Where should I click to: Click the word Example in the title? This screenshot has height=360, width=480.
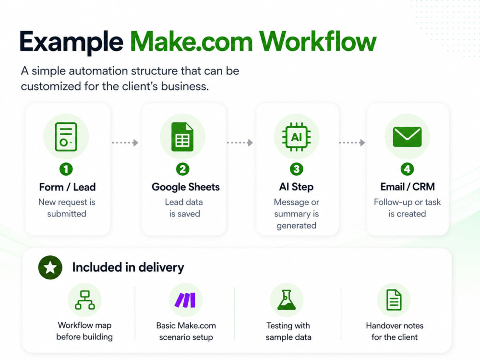[x=72, y=42]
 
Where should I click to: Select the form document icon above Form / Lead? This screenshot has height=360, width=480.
[x=66, y=136]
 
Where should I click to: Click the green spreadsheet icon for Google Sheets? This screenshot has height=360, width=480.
[x=182, y=136]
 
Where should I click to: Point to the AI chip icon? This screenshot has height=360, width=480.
[x=296, y=137]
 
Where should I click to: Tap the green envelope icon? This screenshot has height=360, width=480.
[x=407, y=136]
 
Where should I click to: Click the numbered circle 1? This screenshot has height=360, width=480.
[x=66, y=169]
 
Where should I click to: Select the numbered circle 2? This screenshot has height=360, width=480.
[x=183, y=169]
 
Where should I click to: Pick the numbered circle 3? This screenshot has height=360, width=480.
[x=296, y=169]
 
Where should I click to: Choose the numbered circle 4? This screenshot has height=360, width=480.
[x=407, y=169]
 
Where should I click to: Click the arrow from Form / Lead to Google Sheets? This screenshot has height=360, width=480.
[x=125, y=143]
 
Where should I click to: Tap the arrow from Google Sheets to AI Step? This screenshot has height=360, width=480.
[x=240, y=143]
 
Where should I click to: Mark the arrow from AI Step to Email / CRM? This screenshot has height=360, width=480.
[x=352, y=143]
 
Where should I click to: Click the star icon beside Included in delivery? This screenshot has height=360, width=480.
[x=50, y=267]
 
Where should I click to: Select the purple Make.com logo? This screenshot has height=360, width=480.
[x=185, y=300]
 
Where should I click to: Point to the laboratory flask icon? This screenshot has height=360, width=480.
[x=287, y=300]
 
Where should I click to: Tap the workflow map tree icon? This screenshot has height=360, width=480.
[x=85, y=300]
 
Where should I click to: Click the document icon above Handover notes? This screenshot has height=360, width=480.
[x=394, y=300]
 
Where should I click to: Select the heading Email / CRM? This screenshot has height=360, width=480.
[x=408, y=187]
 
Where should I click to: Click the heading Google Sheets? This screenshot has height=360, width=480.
[x=185, y=187]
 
